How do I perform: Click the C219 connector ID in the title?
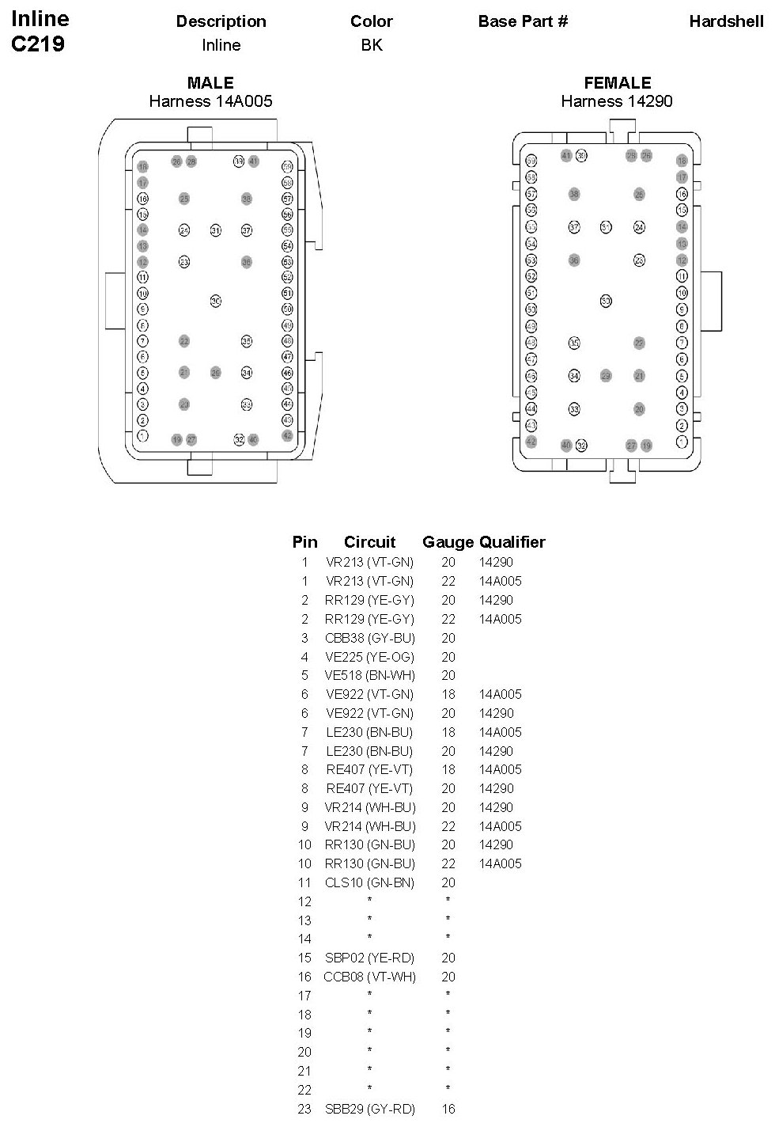(38, 44)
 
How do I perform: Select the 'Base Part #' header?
(523, 21)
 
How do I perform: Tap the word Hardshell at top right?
(726, 21)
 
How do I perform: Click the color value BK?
(372, 45)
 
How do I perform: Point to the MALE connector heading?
(210, 83)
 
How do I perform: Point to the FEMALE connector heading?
(618, 83)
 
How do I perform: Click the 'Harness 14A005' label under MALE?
(210, 101)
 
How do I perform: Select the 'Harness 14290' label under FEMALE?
(617, 101)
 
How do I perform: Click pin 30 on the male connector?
(215, 301)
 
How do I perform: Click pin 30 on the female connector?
(606, 301)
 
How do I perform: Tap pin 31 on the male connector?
(215, 230)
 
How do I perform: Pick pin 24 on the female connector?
(639, 228)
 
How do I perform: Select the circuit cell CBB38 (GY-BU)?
(369, 638)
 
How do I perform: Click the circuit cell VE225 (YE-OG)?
(369, 657)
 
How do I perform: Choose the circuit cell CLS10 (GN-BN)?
(369, 882)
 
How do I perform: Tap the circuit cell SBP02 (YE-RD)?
(369, 958)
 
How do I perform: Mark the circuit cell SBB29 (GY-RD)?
(369, 1109)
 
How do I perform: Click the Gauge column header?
(448, 542)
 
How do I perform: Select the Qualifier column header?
(512, 542)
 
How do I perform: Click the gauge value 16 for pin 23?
(448, 1109)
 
